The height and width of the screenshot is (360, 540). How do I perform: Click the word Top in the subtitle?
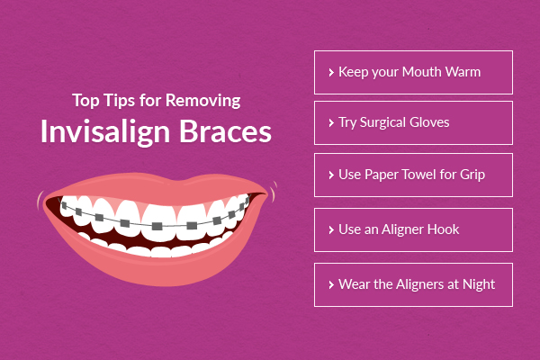tap(85, 99)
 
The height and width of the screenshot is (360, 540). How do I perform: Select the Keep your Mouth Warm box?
tap(413, 72)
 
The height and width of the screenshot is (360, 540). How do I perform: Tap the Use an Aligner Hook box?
tap(413, 229)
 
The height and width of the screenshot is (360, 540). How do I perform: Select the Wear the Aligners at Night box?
tap(413, 284)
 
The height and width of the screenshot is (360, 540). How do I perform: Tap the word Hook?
tap(443, 229)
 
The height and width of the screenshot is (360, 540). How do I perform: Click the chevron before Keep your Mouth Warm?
tap(331, 72)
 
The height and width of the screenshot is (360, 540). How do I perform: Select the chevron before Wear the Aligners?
tap(331, 284)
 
